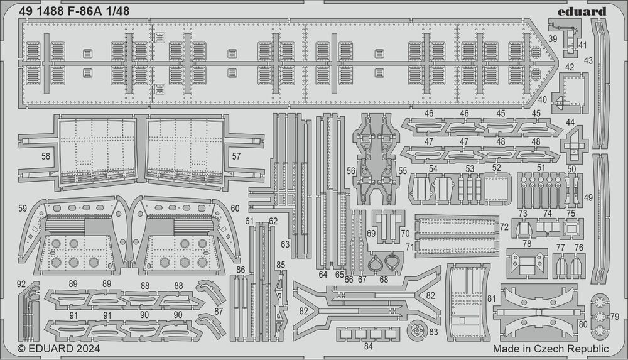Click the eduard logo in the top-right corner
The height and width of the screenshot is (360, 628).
[581, 11]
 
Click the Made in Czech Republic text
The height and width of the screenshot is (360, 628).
[551, 349]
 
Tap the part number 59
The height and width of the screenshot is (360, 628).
[23, 208]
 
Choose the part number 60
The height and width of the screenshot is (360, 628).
[235, 208]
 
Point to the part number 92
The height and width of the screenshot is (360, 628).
[22, 283]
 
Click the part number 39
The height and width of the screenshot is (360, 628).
[552, 39]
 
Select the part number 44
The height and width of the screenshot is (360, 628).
[570, 122]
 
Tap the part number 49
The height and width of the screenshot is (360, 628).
[588, 198]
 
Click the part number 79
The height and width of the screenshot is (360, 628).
[614, 315]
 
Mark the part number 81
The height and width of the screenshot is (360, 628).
[492, 298]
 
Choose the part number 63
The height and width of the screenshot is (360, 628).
[286, 244]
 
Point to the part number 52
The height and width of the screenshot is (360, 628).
[496, 168]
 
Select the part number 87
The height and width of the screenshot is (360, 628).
[218, 312]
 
